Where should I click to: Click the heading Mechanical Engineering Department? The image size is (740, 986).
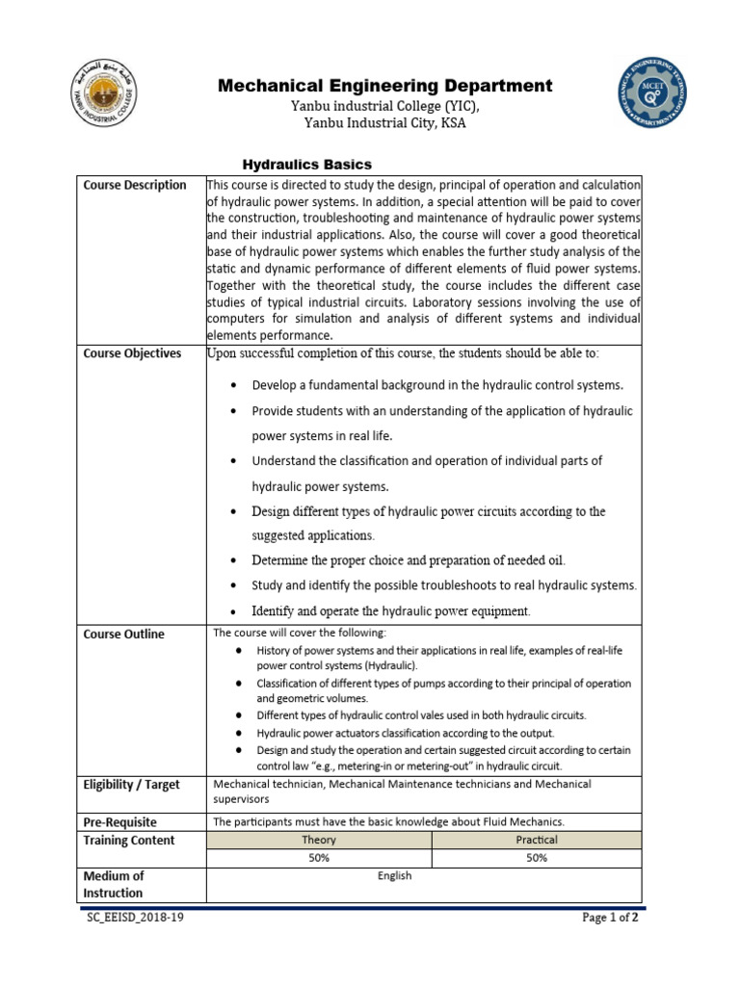[384, 86]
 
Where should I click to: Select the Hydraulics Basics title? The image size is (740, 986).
[305, 165]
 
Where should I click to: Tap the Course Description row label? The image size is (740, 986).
[135, 185]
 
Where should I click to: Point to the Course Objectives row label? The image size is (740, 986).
[132, 353]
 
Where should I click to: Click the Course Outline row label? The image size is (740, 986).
[124, 634]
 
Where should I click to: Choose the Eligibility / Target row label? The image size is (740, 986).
[132, 785]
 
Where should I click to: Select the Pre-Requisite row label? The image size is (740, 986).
[120, 822]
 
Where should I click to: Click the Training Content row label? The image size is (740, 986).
[129, 841]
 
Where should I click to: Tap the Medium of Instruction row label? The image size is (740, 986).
[114, 885]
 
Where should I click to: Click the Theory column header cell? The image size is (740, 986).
[319, 840]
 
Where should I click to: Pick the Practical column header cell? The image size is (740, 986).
[537, 840]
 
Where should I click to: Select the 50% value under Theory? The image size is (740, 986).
[319, 858]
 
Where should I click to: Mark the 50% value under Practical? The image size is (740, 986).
[537, 858]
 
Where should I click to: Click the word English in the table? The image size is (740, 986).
[395, 875]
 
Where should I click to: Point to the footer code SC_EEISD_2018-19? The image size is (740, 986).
[135, 918]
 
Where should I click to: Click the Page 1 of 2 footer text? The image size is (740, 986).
[610, 918]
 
